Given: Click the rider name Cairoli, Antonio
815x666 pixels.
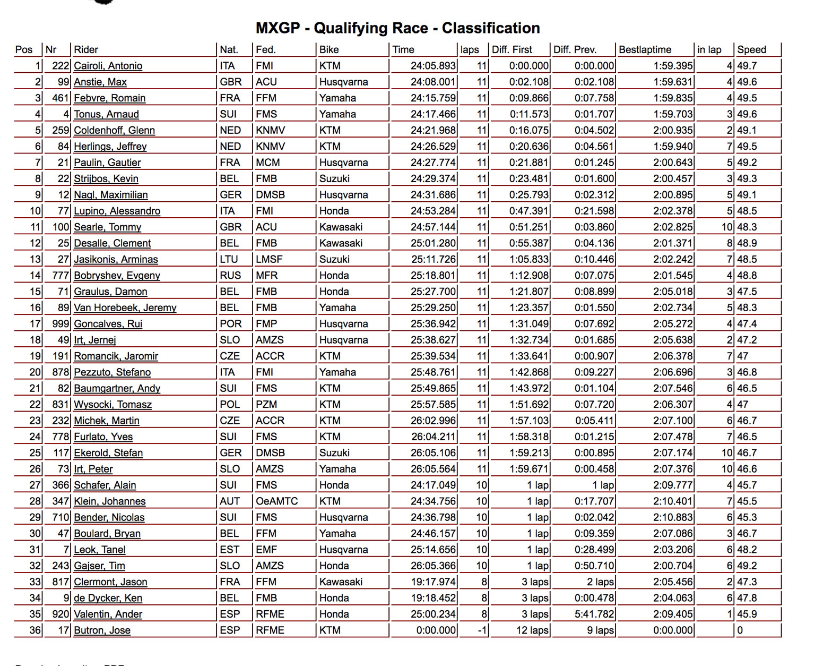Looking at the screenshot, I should [x=108, y=66].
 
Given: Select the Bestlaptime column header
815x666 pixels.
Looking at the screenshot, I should [x=645, y=49].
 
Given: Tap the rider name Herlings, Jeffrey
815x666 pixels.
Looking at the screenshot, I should [x=110, y=147].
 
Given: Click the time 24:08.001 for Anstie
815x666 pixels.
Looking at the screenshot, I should [x=433, y=82].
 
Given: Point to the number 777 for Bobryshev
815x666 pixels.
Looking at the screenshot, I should [x=60, y=276].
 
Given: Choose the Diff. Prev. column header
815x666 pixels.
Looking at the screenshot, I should [x=575, y=49].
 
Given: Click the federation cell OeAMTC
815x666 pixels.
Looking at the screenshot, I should [x=276, y=501].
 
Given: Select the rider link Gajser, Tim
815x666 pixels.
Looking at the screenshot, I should [x=99, y=566].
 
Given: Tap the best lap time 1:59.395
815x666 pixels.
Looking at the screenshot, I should [x=673, y=66].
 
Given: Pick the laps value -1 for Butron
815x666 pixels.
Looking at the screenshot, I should [x=482, y=630].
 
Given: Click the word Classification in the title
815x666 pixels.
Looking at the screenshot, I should [x=491, y=28].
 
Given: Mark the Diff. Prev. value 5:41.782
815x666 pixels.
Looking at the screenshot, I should [x=594, y=614].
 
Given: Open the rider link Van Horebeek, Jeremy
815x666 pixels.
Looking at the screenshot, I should [x=125, y=308].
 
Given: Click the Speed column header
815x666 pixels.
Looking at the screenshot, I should [x=751, y=49].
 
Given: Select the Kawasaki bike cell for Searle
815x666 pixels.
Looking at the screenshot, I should [x=341, y=227].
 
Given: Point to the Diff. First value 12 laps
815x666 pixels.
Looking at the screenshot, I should [x=532, y=630].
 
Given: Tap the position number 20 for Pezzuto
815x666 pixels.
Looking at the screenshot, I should [x=35, y=372].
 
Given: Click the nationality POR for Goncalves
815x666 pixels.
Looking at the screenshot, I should [x=230, y=324].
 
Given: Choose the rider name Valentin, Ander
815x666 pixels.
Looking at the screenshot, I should [x=108, y=614].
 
